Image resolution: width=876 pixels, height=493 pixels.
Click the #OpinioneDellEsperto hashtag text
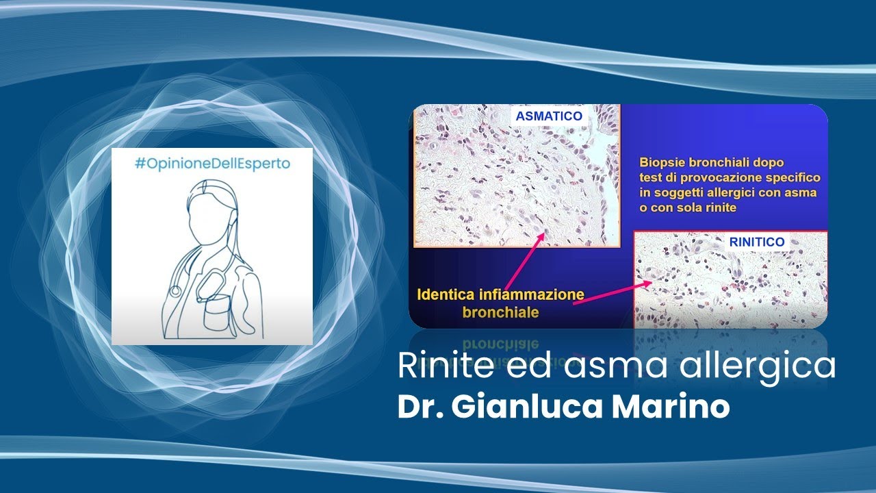[212, 165]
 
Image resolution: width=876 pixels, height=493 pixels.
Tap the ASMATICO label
[549, 116]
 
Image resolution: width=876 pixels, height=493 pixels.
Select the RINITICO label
[756, 242]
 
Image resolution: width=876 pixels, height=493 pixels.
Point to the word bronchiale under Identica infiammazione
[500, 312]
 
